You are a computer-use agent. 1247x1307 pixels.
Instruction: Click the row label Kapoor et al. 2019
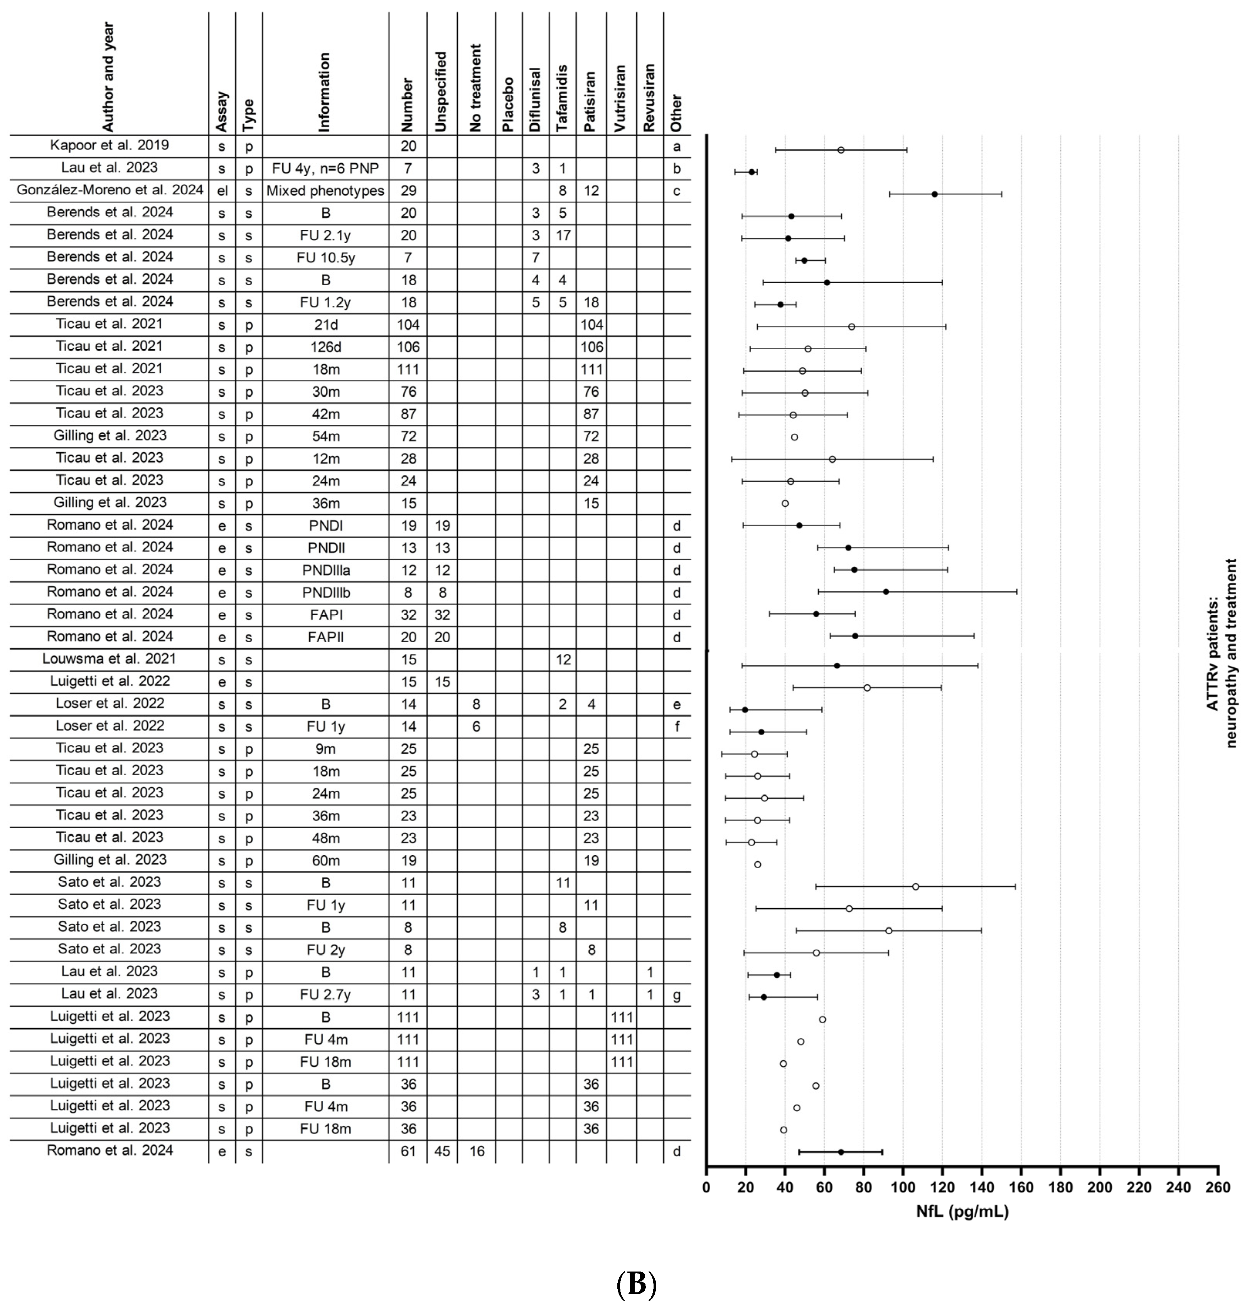coord(109,145)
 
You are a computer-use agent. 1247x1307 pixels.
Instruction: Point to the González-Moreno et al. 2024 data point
coord(935,194)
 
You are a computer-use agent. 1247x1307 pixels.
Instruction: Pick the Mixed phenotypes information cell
coord(325,191)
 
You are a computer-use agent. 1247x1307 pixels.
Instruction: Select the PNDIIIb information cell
coord(325,592)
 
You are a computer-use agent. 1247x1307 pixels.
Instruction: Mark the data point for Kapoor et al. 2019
coord(841,150)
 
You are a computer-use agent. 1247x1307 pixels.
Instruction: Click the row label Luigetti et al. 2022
coord(109,681)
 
